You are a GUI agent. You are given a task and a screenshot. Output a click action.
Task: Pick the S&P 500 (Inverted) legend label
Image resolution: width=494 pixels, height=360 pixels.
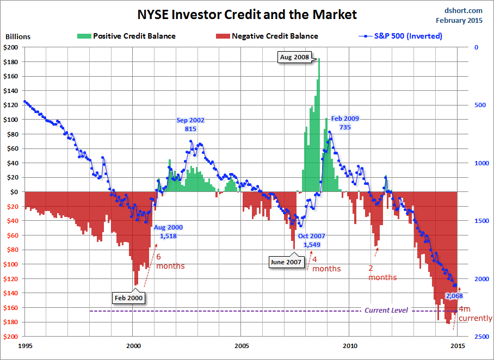408,36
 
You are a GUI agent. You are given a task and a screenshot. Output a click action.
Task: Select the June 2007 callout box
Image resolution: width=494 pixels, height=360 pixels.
287,262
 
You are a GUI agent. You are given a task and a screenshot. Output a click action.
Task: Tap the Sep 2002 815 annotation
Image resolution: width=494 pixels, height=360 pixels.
190,124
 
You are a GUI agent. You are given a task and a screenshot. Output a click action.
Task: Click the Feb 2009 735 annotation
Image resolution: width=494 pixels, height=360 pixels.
345,122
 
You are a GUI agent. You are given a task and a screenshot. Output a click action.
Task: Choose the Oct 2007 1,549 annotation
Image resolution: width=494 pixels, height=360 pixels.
312,240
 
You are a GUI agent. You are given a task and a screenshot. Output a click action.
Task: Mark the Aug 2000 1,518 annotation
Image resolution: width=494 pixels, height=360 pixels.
168,232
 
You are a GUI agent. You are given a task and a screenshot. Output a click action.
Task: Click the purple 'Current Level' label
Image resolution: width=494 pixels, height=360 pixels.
386,310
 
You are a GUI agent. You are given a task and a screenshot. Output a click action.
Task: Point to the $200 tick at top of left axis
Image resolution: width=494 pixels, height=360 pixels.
14,47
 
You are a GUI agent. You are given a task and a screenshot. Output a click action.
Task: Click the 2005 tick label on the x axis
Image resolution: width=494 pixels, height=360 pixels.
242,345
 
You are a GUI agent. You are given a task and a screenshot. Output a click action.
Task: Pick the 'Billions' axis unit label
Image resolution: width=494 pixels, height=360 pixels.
18,37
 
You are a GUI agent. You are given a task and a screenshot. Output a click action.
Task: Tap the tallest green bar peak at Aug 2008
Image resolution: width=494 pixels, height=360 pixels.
319,60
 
